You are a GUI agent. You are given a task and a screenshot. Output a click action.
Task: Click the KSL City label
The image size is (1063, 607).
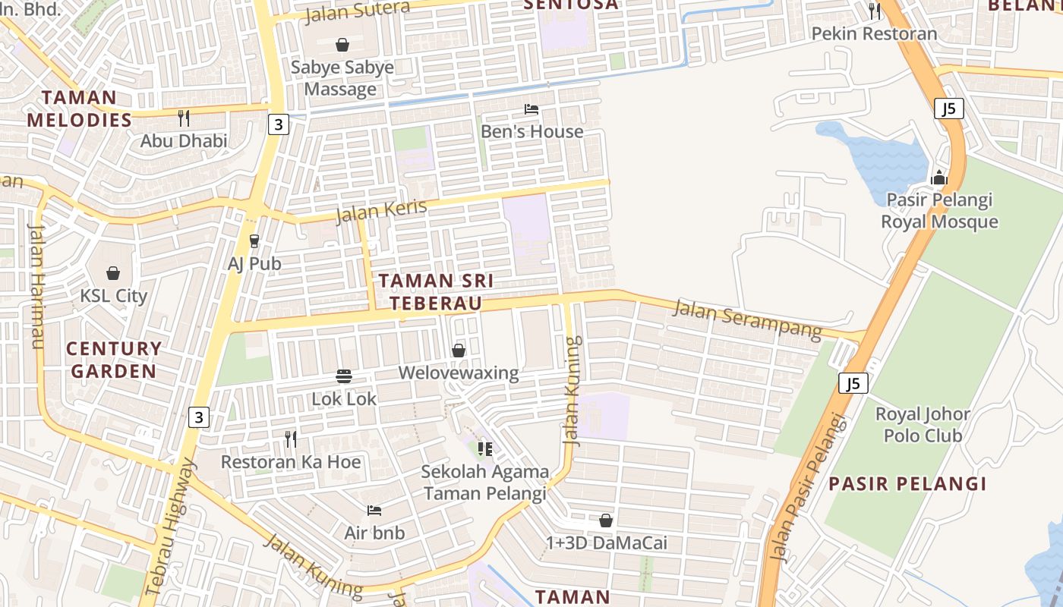coord(114,296)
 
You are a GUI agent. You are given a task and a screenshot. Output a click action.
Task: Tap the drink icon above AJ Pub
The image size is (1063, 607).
coord(254,241)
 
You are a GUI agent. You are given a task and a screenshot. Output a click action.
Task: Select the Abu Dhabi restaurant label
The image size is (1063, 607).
coord(184,140)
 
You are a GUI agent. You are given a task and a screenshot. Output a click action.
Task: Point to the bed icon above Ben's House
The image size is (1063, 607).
coord(531,109)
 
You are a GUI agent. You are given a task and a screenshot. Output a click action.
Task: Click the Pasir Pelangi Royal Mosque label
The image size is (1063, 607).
coord(939,211)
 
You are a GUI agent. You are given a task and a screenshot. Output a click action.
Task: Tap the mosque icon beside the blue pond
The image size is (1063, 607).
coord(939,178)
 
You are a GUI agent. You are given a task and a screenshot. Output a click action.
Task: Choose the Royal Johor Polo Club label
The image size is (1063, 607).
coord(923,425)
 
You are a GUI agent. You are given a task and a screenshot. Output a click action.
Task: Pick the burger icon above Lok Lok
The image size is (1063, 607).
coord(344,376)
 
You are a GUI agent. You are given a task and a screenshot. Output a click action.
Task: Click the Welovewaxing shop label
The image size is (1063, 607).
coord(459,373)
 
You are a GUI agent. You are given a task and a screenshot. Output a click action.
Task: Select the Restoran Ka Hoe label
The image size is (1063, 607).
coord(291,461)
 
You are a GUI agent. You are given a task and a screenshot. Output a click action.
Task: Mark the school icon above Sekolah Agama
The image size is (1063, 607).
coord(485,449)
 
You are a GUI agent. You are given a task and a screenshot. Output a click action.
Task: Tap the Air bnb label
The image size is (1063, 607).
coord(374,533)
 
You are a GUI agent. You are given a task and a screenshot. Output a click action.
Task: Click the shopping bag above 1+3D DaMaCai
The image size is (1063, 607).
coord(606,521)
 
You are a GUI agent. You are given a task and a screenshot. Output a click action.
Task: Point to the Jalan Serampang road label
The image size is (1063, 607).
coord(747,319)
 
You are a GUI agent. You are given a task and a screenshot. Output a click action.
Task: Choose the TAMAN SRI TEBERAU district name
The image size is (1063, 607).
coord(436,292)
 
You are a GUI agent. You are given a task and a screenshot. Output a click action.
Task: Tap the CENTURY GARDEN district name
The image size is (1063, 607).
coord(113,360)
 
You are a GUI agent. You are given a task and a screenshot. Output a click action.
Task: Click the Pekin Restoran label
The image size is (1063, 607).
coord(874,34)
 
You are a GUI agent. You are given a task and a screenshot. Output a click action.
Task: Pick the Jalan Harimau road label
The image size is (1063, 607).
coord(36,285)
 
